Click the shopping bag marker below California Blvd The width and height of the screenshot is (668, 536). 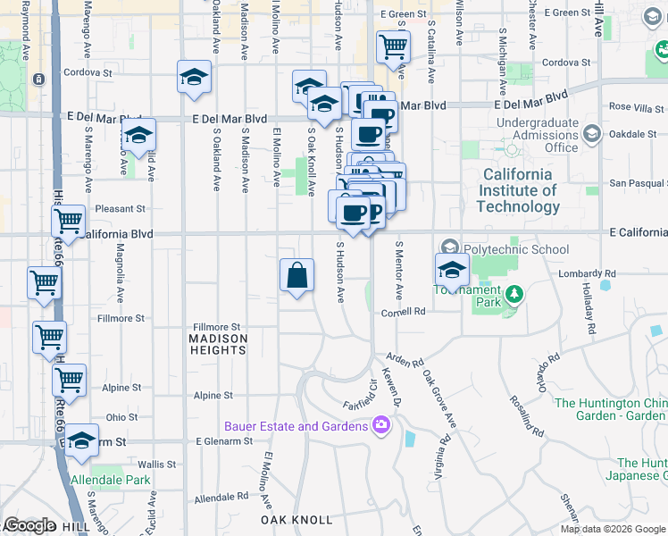click(x=296, y=276)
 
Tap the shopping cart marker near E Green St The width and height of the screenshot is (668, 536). click(x=393, y=46)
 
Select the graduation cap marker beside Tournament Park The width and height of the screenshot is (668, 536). click(x=453, y=269)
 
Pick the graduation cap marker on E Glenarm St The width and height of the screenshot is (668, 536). click(x=81, y=440)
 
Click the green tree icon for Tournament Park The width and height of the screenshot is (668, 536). click(x=513, y=294)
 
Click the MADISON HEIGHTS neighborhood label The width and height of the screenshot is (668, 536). click(x=218, y=344)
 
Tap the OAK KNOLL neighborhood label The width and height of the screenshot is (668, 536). click(x=296, y=520)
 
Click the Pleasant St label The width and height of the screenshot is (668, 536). click(x=123, y=209)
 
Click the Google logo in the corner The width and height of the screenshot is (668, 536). click(x=29, y=525)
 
